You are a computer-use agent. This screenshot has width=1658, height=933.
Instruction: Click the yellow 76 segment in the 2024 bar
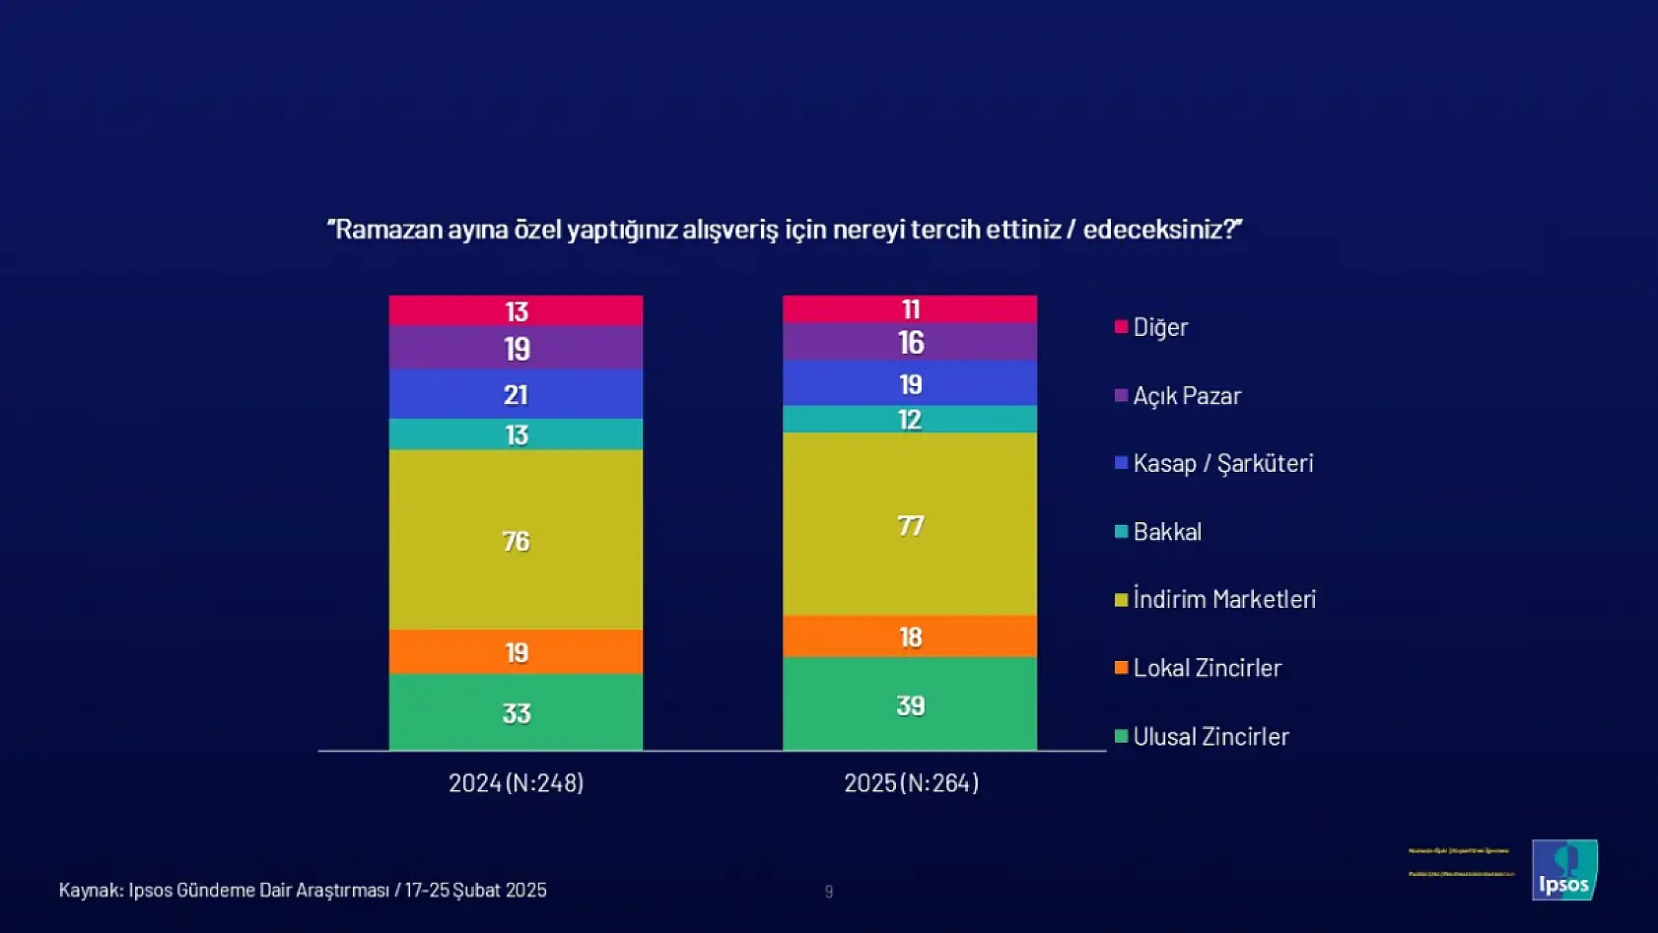[x=516, y=540]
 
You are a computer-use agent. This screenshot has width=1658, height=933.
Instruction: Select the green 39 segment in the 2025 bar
[x=910, y=704]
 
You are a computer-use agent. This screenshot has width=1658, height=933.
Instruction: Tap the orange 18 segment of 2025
[x=910, y=636]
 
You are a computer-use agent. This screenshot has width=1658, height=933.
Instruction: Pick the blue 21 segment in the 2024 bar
[x=516, y=394]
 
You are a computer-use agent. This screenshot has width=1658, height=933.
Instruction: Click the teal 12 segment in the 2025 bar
[x=910, y=420]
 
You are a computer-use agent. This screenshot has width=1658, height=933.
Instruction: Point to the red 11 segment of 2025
[x=910, y=309]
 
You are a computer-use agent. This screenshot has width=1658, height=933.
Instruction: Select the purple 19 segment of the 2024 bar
[x=516, y=349]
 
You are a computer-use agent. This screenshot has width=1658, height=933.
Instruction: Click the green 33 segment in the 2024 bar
[x=516, y=712]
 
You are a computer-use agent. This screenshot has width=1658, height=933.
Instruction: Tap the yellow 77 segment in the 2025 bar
[x=910, y=525]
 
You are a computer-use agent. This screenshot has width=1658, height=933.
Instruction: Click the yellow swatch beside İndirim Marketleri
[x=1121, y=600]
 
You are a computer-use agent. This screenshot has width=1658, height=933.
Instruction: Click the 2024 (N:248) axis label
[x=516, y=783]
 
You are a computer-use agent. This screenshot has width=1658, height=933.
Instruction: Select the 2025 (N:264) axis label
[x=911, y=783]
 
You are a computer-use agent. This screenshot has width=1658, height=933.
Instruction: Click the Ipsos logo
[x=1564, y=870]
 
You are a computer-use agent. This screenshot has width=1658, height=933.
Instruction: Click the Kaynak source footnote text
[x=302, y=891]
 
